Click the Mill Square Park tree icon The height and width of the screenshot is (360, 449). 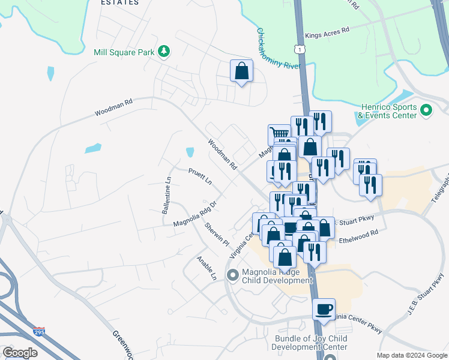[x=163, y=52]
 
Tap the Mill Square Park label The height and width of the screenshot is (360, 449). [x=124, y=52]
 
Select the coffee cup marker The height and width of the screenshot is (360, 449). [x=324, y=310]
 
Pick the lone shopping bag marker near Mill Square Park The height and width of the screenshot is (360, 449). [x=241, y=71]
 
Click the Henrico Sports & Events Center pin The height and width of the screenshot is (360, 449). [x=426, y=110]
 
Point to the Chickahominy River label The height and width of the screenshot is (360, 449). [x=278, y=49]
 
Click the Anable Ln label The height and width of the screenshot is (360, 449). [x=206, y=269]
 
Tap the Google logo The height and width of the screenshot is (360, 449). [x=20, y=353]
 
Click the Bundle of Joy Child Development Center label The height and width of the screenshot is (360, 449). [x=310, y=343]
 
